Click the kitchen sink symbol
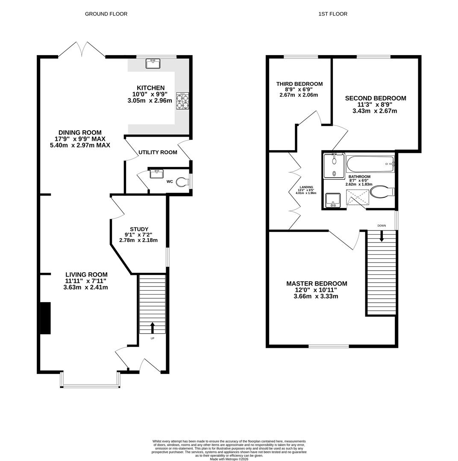[x=153, y=64]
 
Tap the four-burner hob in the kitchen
[x=182, y=101]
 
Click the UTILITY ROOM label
[x=158, y=152]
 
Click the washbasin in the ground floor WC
[x=156, y=174]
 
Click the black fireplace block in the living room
[x=45, y=318]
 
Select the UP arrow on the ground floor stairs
[x=153, y=327]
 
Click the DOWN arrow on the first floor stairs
[x=382, y=236]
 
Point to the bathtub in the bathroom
[x=370, y=164]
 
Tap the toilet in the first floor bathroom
[x=381, y=192]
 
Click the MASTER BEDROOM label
[x=317, y=283]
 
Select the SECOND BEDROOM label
[x=376, y=98]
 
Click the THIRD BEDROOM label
[x=299, y=84]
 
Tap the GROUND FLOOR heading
[x=106, y=14]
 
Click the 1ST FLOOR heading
[x=333, y=14]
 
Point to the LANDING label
[x=306, y=187]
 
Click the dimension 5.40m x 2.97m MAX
[x=80, y=145]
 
